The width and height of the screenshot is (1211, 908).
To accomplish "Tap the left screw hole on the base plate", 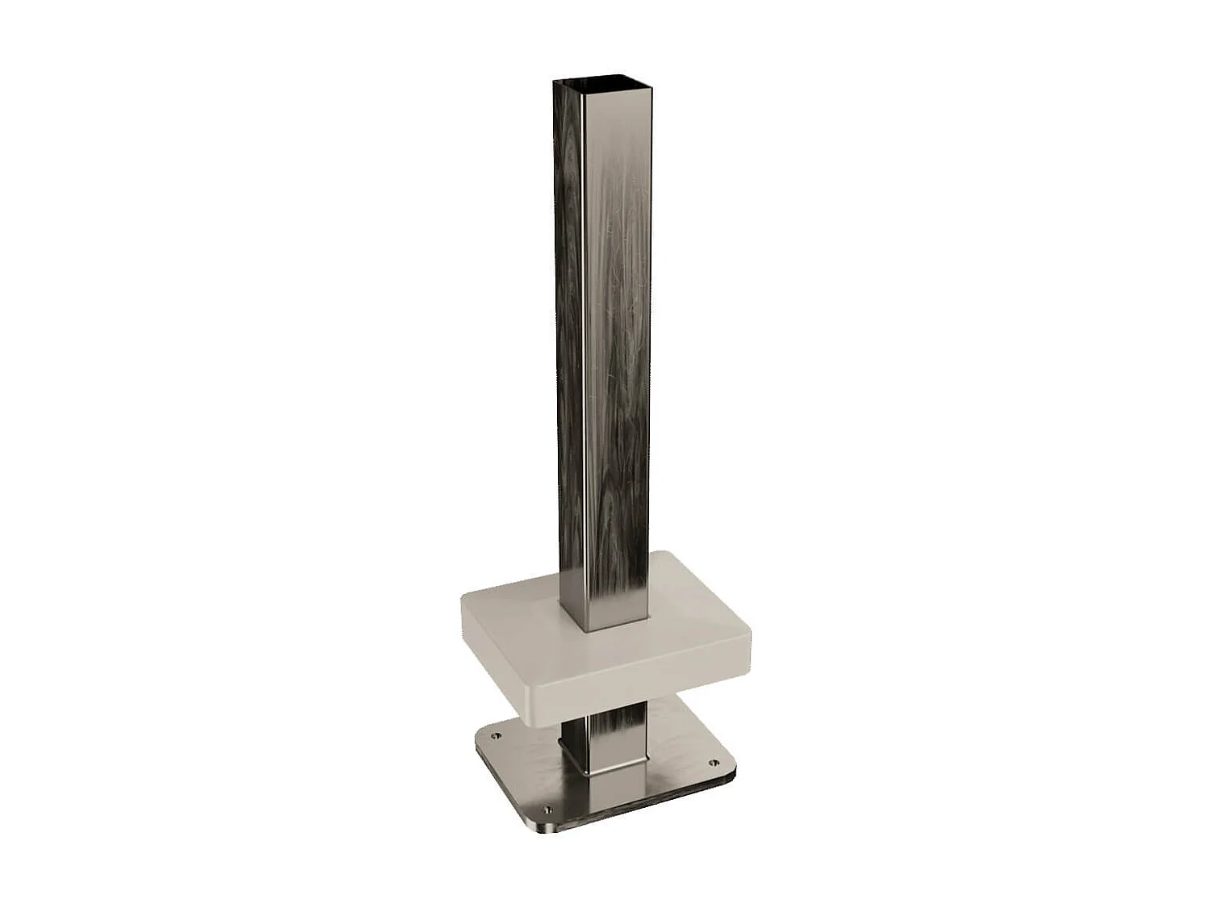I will coord(495,737).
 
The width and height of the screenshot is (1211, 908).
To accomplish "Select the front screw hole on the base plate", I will coord(543,808).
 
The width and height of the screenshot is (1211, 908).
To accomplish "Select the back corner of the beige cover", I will coord(658,553).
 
